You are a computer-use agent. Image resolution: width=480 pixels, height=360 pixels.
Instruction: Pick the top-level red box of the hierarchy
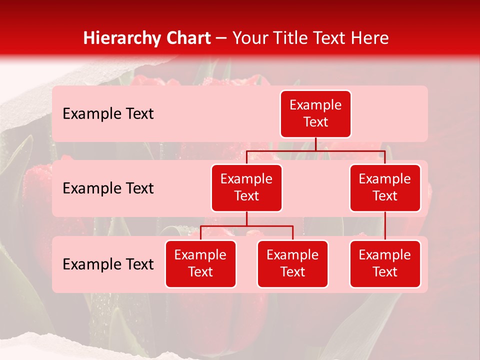click(x=315, y=113)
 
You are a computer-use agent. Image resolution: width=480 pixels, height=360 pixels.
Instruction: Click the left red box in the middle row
click(x=246, y=187)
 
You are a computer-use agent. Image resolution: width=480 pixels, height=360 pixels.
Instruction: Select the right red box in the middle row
click(x=385, y=187)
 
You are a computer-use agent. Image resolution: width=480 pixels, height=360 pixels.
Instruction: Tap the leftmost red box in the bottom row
click(x=200, y=263)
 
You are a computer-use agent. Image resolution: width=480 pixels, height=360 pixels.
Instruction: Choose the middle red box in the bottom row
click(x=292, y=263)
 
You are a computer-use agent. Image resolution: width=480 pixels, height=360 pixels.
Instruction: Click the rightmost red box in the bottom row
click(x=385, y=263)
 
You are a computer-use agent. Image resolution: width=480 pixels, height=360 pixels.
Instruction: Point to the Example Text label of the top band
click(x=108, y=114)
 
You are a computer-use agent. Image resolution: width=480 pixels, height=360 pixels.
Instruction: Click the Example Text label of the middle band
click(x=108, y=188)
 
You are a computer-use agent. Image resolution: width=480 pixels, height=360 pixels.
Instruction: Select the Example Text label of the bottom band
click(x=108, y=264)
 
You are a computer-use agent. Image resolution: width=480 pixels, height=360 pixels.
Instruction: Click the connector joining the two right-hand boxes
click(x=385, y=226)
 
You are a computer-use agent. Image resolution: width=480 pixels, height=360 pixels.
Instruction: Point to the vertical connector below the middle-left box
click(x=246, y=219)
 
